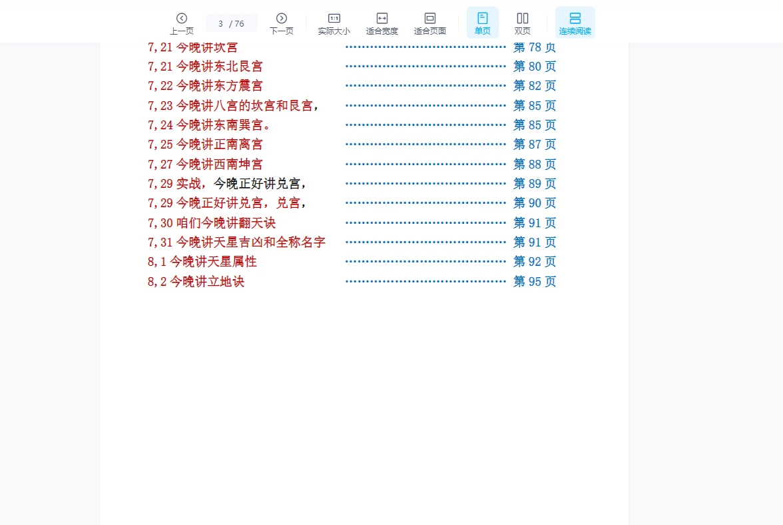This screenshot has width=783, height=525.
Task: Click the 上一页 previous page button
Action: point(181,23)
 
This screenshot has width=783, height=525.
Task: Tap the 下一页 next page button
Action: point(282,23)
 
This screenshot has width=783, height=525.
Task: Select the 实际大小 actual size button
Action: point(334,23)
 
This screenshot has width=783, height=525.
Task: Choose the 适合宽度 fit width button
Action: point(382,23)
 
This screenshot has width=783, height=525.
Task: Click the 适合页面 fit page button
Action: point(430,23)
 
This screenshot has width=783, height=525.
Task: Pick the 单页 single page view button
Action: point(482,23)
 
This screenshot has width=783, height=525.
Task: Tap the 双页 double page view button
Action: point(522,23)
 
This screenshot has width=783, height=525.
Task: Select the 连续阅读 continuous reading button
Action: point(575,23)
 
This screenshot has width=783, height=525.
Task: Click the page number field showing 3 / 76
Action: point(231,23)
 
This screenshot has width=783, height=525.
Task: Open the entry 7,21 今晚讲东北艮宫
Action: point(205,67)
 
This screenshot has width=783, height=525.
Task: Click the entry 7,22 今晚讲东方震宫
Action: point(205,86)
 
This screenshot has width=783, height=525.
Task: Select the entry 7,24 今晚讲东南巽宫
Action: point(210,125)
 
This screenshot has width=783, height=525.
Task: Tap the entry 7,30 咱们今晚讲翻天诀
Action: point(212,223)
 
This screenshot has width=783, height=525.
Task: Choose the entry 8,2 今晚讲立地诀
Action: point(196,282)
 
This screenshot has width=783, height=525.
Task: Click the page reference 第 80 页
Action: point(534,67)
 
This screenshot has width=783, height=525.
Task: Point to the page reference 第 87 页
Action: point(534,145)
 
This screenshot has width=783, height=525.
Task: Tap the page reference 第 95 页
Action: point(534,282)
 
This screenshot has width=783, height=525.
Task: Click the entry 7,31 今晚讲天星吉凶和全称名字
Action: point(237,243)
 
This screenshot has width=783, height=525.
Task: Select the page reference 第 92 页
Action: point(534,262)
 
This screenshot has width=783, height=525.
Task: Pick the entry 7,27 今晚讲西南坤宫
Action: point(205,165)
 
